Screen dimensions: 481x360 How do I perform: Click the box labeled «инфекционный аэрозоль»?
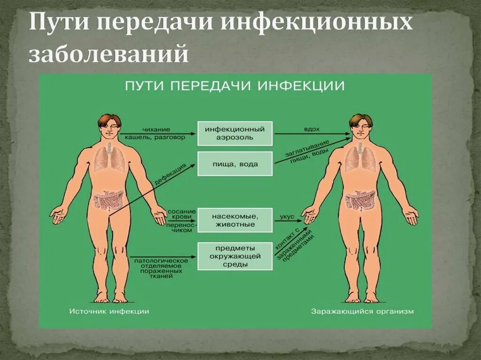234,133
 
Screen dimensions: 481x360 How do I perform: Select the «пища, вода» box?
234,164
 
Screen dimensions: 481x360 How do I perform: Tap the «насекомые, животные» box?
234,220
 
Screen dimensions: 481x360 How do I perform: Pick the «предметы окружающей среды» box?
234,256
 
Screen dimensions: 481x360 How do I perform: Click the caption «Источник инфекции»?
109,311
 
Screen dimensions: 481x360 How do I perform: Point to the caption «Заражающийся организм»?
362,311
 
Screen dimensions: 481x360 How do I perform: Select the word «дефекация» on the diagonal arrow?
170,175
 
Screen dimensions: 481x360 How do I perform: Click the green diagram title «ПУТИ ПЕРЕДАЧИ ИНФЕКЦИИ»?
234,86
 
